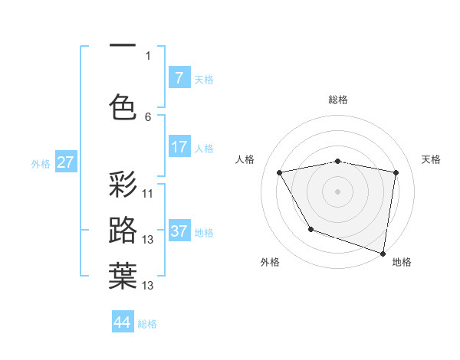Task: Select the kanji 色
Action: pyautogui.click(x=123, y=106)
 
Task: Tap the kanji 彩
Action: pyautogui.click(x=123, y=186)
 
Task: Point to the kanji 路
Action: pyautogui.click(x=123, y=231)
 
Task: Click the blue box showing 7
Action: pyautogui.click(x=179, y=77)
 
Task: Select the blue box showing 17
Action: pyautogui.click(x=179, y=146)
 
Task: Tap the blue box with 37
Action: pyautogui.click(x=179, y=231)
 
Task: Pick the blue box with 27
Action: pyautogui.click(x=65, y=162)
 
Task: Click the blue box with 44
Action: pyautogui.click(x=123, y=322)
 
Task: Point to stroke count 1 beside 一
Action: pyautogui.click(x=148, y=55)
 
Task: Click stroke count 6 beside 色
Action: pyautogui.click(x=148, y=116)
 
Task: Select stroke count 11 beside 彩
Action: pyautogui.click(x=148, y=194)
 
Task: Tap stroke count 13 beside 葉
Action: pyautogui.click(x=148, y=286)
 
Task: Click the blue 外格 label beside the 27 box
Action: pyautogui.click(x=41, y=163)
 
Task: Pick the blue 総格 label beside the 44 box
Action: pyautogui.click(x=147, y=324)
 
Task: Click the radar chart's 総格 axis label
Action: pyautogui.click(x=338, y=100)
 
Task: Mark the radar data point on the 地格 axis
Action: pyautogui.click(x=383, y=253)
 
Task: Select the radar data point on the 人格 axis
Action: pyautogui.click(x=280, y=173)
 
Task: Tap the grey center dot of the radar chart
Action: pyautogui.click(x=337, y=191)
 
